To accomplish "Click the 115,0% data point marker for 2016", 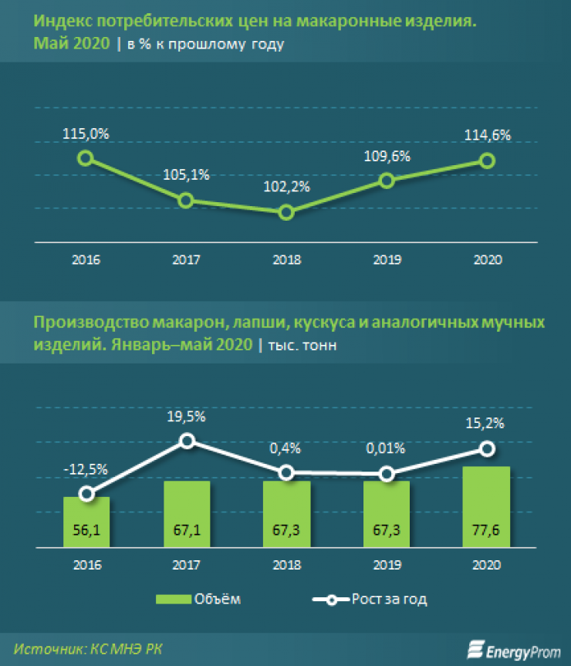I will coord(86,157).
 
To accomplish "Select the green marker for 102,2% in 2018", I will coord(286,212).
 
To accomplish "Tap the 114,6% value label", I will coord(488,134).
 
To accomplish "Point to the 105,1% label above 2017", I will coord(186,175).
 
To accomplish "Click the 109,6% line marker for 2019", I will coord(387,181).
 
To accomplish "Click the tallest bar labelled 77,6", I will coord(487,505).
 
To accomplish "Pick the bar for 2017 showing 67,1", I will coord(186,513).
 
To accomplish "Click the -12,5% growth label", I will coord(86,468).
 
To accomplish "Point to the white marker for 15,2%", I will coord(487,448).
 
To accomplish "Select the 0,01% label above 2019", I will coord(387,448).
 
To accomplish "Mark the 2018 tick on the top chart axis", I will coord(286,260).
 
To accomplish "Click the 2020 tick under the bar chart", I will coord(487,564).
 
